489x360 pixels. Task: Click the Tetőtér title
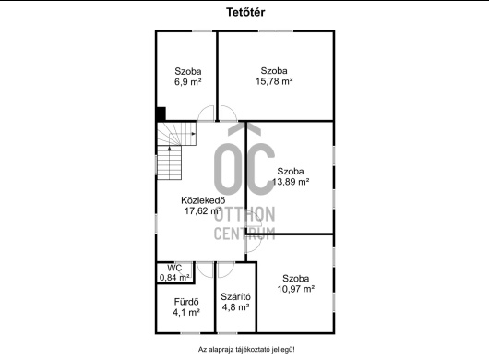coord(245,12)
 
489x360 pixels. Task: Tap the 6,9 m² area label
coord(187,82)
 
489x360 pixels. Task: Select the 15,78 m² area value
coord(274,81)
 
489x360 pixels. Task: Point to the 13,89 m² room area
coord(291,182)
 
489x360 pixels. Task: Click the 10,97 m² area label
coord(296,289)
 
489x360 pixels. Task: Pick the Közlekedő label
coord(203,200)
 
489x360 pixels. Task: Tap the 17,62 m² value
coord(203,210)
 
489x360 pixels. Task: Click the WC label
coord(174,268)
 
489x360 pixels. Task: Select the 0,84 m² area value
coord(174,277)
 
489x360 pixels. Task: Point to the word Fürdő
coord(186,302)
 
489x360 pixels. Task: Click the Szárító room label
coord(235,296)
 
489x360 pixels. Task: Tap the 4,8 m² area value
coord(235,307)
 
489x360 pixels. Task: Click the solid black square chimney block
coord(161,114)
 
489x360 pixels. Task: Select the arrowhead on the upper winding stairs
coord(194,134)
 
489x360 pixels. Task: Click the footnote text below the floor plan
coord(246,350)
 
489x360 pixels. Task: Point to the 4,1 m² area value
coord(186,312)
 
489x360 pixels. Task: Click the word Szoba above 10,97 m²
coord(296,278)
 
